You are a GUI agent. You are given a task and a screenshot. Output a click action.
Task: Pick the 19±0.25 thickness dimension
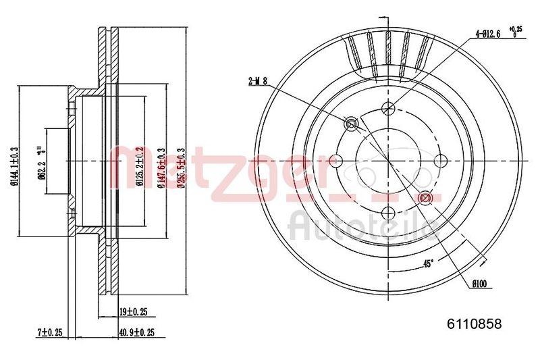[133, 311]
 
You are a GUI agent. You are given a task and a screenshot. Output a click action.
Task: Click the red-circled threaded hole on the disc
[425, 198]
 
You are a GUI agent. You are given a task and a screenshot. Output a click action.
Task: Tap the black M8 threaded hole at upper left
[351, 124]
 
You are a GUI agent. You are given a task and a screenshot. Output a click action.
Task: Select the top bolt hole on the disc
[388, 107]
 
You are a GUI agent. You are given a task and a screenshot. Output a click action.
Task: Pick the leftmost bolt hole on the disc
[335, 161]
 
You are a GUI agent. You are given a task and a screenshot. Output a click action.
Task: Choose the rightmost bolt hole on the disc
[441, 161]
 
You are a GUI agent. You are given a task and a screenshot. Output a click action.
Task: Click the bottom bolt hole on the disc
[388, 213]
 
